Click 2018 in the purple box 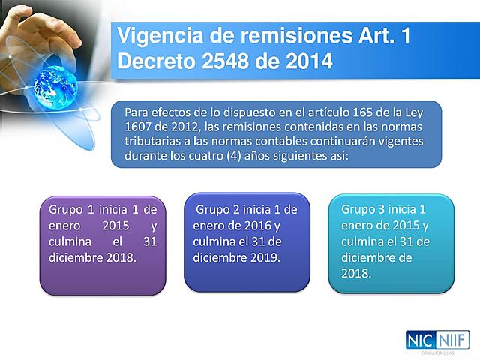coord(121,257)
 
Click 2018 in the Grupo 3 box coord(355,274)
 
